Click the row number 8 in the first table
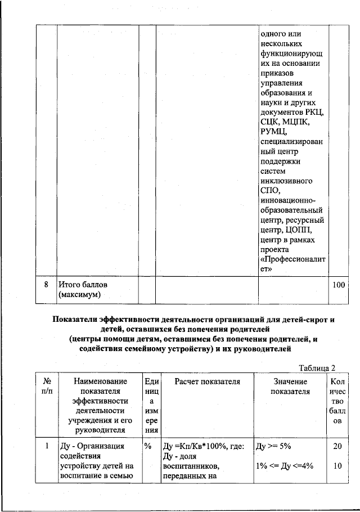click(x=46, y=285)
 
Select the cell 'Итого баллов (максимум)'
click(x=82, y=290)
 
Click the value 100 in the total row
click(x=338, y=285)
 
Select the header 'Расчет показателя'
click(x=207, y=381)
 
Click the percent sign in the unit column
click(x=148, y=446)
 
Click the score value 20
click(x=338, y=446)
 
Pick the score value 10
click(x=338, y=466)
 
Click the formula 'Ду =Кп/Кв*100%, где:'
click(x=202, y=446)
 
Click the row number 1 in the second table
click(x=46, y=446)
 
